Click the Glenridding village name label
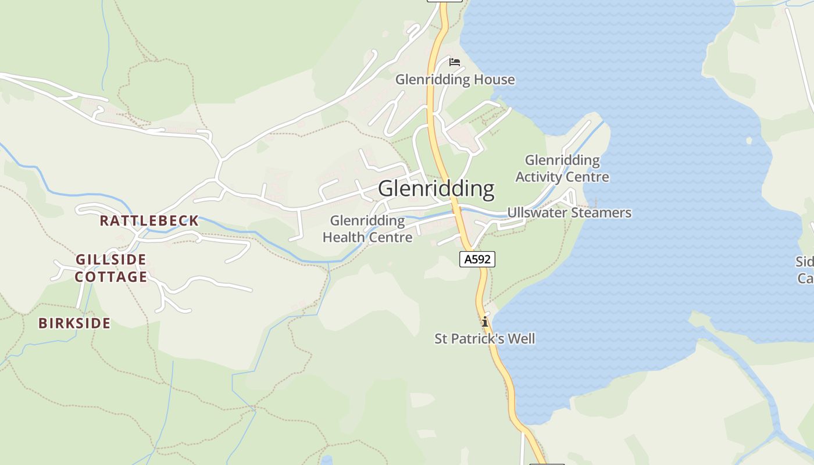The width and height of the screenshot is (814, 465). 436,189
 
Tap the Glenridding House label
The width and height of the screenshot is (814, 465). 455,80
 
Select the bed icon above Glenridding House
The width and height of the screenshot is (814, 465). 455,62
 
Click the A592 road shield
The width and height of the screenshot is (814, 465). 477,259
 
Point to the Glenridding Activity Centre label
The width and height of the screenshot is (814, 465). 562,168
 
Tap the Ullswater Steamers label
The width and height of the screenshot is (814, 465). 569,213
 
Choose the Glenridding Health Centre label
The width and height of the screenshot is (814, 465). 367,229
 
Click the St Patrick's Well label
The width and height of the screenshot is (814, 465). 485,338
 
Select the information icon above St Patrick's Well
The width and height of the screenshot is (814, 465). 484,321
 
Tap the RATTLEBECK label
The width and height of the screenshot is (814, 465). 149,221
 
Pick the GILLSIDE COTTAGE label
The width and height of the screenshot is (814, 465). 111,268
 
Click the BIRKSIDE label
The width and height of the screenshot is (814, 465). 74,323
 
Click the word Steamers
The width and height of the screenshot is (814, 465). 601,213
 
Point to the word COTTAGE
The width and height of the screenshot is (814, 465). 111,277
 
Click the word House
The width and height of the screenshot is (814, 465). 496,80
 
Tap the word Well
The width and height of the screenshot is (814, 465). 521,338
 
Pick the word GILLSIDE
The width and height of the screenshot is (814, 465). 111,259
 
